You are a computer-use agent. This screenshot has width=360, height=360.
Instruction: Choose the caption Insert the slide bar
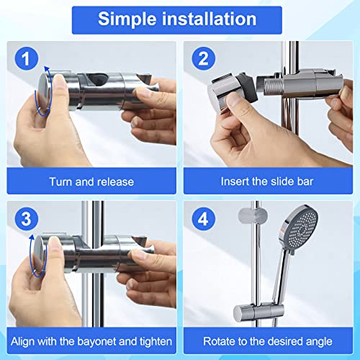pos(269,181)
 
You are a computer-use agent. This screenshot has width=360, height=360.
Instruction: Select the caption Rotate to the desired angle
pos(269,340)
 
